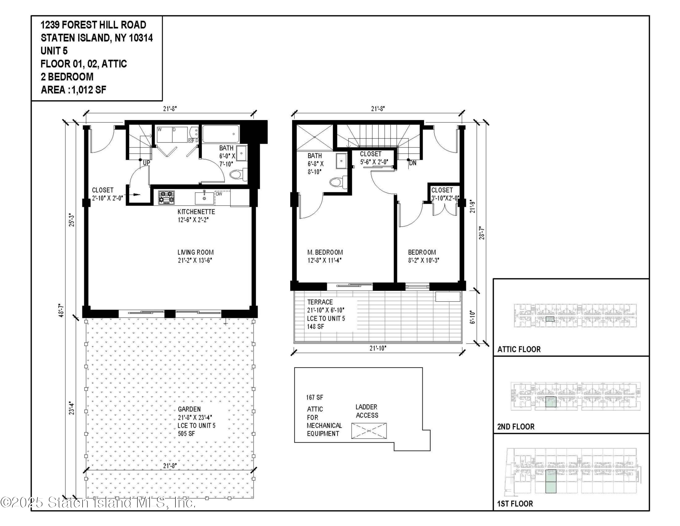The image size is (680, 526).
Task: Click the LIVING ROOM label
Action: (x=196, y=252)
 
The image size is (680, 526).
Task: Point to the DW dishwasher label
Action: (x=219, y=194)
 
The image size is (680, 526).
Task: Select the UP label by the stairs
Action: (x=146, y=163)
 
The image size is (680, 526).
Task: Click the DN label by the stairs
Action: (x=413, y=163)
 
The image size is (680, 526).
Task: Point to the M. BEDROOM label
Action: (x=325, y=252)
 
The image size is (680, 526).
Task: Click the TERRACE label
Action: (x=320, y=302)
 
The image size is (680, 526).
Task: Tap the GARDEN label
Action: (x=189, y=409)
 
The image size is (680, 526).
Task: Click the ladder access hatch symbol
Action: (x=369, y=431)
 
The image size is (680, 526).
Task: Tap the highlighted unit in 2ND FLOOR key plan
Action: (x=551, y=402)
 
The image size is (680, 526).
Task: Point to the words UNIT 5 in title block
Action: (x=54, y=51)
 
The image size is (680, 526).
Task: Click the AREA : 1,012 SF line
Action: (x=73, y=90)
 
